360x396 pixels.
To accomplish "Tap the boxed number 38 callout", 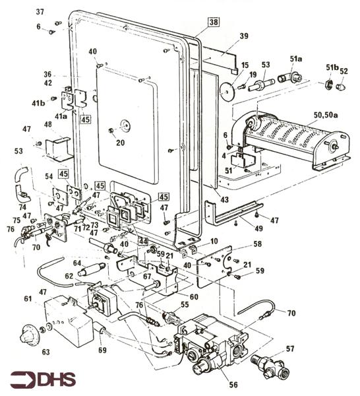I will [x=214, y=21].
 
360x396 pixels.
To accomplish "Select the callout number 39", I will [x=243, y=36].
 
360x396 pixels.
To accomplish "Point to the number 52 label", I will [x=344, y=71].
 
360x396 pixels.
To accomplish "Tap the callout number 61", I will [x=27, y=299].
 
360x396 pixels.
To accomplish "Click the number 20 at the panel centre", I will [x=120, y=142].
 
